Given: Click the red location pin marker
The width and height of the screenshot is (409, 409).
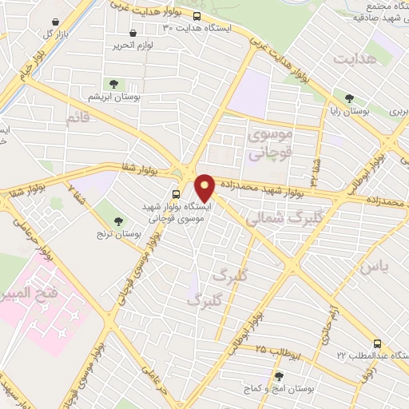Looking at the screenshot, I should pyautogui.click(x=205, y=187).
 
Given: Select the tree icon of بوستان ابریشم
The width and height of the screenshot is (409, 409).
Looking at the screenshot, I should pyautogui.click(x=114, y=83).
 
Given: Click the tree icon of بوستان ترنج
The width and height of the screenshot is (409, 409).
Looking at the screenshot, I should pyautogui.click(x=119, y=221).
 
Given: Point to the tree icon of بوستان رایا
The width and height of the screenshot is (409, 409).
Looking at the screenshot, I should pyautogui.click(x=348, y=98).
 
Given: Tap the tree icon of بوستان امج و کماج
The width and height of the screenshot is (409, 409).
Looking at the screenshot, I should pyautogui.click(x=278, y=375).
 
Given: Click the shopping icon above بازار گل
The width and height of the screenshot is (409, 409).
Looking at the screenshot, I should pyautogui.click(x=54, y=22).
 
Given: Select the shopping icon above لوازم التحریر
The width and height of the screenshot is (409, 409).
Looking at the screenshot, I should pyautogui.click(x=132, y=34).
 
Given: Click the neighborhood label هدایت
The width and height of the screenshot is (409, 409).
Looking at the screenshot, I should pyautogui.click(x=355, y=60).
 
